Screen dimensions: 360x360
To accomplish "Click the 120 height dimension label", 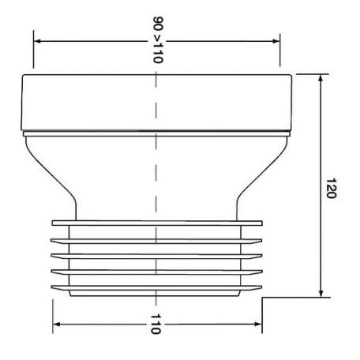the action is (x=331, y=189).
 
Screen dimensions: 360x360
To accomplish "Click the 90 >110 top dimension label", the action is (x=158, y=40).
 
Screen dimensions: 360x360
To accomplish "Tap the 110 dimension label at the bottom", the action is (x=156, y=324).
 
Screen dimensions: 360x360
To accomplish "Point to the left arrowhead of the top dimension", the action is (x=37, y=41).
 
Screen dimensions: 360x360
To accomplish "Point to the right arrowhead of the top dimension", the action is (x=276, y=41).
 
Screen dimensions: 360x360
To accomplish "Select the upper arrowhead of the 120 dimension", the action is (x=321, y=78).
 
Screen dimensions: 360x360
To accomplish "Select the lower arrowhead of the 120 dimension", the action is (x=321, y=294).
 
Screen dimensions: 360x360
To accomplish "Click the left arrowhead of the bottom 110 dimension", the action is (x=57, y=324).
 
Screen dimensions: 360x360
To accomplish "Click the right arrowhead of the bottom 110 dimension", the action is (x=258, y=324).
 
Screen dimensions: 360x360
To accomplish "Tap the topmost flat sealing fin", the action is (x=157, y=223).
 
